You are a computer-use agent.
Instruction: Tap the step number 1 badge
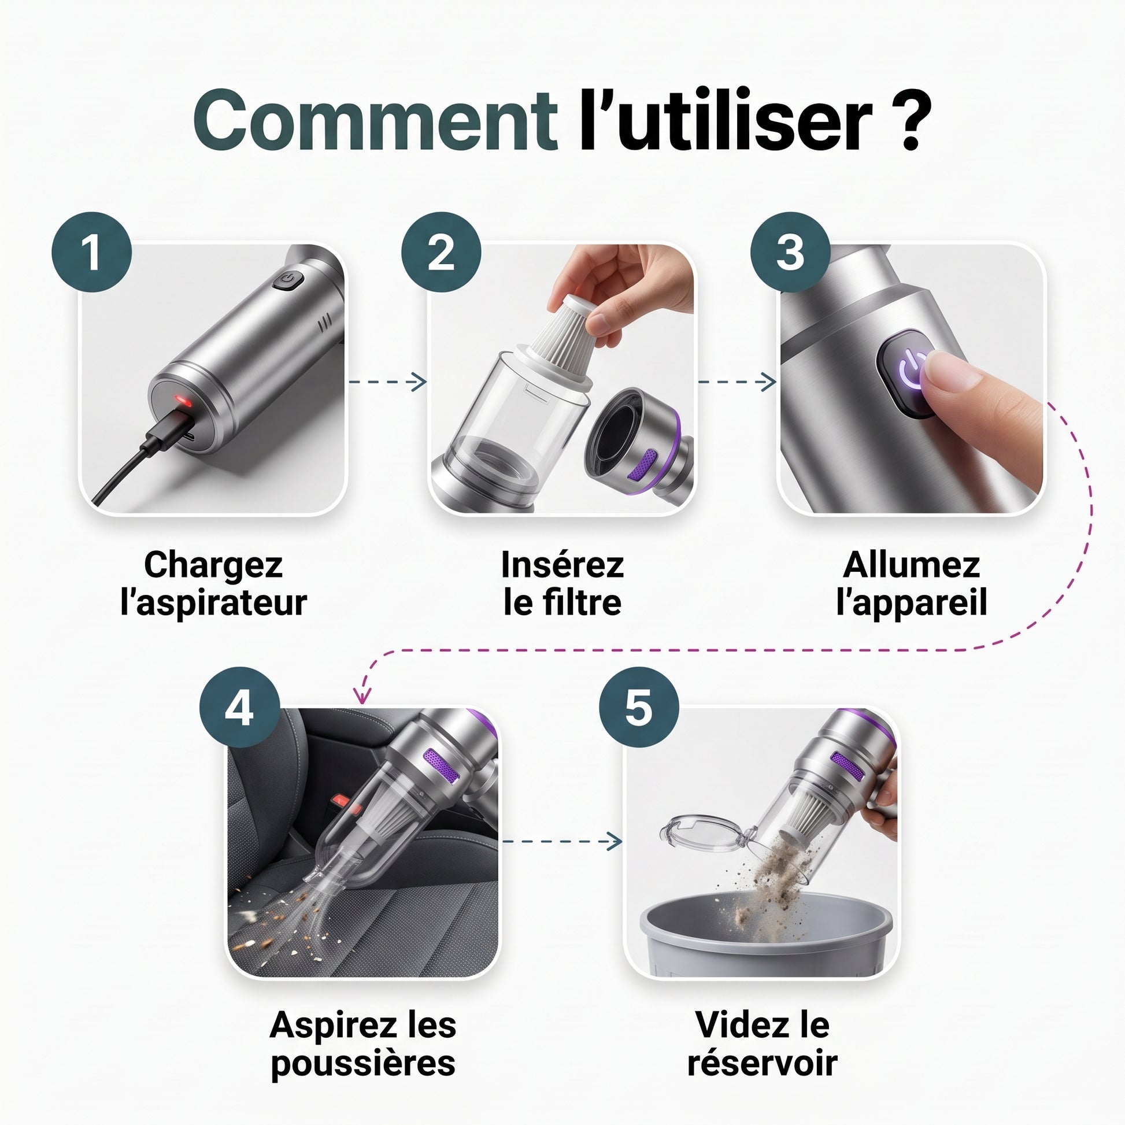92,252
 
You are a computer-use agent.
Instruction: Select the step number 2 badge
441,252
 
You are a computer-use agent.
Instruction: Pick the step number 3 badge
791,252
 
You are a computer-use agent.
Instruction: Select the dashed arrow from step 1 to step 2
387,382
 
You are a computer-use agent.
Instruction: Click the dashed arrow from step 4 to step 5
561,841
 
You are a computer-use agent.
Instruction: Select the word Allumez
911,564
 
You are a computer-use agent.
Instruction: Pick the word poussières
363,1064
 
